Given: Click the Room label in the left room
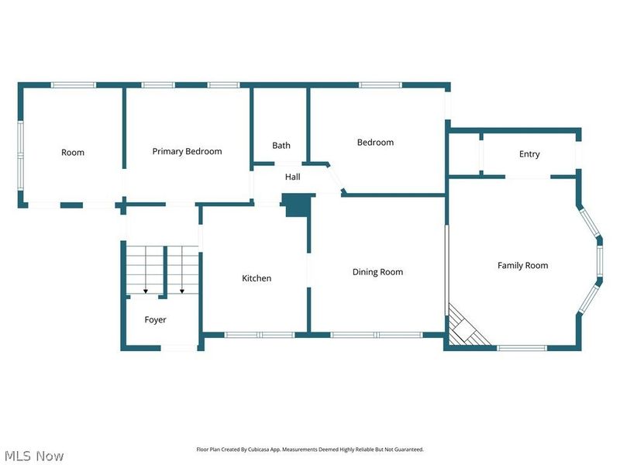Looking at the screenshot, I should [73, 153].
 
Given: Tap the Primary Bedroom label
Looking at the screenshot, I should [187, 151].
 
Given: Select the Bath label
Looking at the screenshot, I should [281, 146].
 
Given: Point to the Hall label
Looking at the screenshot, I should [292, 177].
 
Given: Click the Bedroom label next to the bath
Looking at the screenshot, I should [375, 143].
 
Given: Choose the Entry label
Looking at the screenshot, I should [529, 154].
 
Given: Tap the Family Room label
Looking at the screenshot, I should [522, 266].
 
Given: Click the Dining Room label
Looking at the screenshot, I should [377, 272].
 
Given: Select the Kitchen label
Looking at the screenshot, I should [257, 278].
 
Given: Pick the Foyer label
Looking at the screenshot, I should [155, 319].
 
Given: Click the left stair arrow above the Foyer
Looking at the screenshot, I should [145, 290].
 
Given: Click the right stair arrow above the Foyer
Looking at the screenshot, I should [182, 290].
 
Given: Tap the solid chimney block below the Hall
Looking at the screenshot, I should [296, 205].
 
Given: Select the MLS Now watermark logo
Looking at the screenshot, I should [33, 456].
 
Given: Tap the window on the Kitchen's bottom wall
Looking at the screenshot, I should [260, 335].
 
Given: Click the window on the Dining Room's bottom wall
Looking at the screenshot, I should [376, 335].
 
